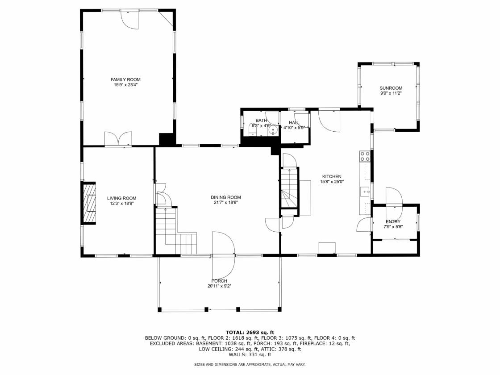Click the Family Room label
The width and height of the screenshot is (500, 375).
tap(125, 80)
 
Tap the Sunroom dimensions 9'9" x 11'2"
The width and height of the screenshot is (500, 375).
tap(391, 93)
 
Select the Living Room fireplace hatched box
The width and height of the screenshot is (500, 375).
tap(89, 203)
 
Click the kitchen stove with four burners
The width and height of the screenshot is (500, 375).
tap(365, 156)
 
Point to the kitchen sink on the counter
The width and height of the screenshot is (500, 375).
tap(365, 192)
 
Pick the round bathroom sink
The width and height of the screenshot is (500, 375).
tap(273, 130)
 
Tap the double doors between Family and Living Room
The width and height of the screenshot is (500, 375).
tap(118, 139)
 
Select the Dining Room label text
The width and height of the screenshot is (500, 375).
tap(226, 197)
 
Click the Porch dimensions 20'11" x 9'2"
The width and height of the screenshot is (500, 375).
tap(219, 286)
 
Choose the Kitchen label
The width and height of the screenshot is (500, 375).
tap(332, 176)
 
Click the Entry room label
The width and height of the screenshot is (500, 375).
tap(393, 221)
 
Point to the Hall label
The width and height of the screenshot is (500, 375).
tap(294, 123)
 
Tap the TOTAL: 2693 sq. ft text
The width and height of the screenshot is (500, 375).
tap(250, 333)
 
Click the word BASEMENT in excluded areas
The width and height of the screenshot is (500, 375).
tap(209, 343)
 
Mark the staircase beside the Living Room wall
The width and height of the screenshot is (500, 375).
tap(176, 231)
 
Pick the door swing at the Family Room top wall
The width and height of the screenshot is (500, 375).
tap(129, 20)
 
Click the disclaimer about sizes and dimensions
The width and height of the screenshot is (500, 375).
tap(250, 364)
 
